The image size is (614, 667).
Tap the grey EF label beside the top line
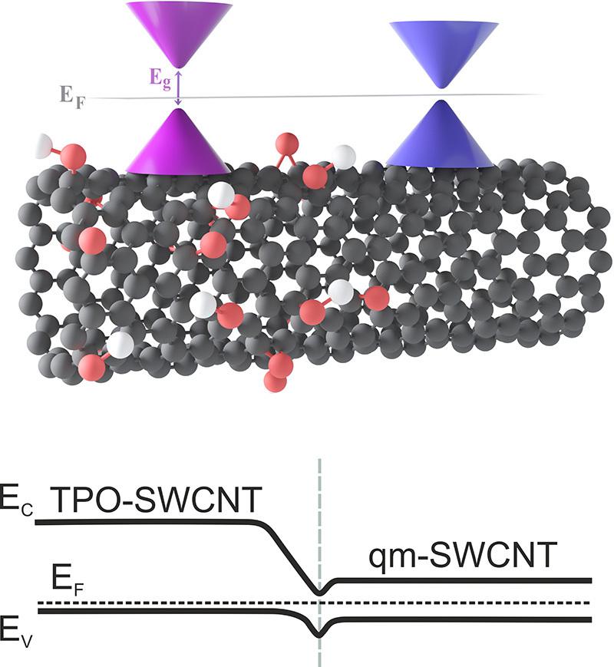point(72,97)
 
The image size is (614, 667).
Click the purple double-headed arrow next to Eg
point(179,88)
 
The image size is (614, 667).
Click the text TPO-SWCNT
point(156,500)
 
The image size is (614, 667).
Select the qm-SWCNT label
point(463,555)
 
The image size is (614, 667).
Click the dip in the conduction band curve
point(319,592)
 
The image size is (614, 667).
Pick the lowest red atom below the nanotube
point(276,381)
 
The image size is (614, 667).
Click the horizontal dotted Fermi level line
point(314,603)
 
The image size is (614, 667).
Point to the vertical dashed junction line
point(319,563)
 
